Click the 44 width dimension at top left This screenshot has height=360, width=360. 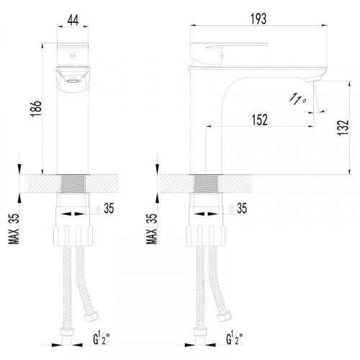coord(73,20)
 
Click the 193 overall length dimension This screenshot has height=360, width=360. coord(258,19)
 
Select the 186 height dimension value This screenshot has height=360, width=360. coord(36,109)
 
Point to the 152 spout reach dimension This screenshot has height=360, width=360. coord(259,120)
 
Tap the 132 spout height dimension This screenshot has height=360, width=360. coord(343,127)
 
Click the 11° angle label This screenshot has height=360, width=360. coord(297,99)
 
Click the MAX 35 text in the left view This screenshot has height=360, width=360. coord(14,229)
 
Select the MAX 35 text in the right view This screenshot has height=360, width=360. coord(151,229)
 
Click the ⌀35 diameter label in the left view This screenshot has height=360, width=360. coord(105,208)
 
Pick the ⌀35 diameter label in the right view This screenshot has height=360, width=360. coord(238,208)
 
